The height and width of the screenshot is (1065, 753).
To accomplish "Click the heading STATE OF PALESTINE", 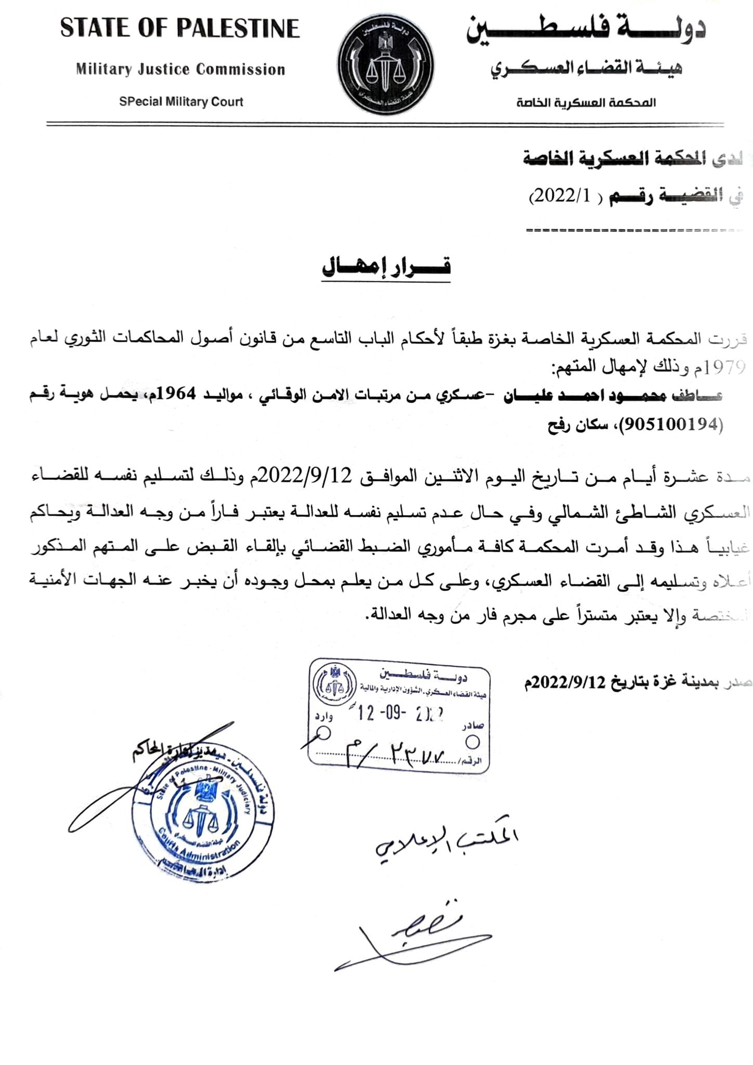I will point(180,29).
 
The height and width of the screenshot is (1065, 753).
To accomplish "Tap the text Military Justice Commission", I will point(180,69).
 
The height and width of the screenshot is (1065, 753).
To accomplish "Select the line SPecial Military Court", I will point(181,102).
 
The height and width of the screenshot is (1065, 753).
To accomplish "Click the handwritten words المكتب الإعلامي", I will point(447,844).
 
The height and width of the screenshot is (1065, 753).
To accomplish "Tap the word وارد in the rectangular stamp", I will point(323,717).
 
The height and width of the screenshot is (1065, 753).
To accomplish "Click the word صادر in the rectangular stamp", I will point(473,725).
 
